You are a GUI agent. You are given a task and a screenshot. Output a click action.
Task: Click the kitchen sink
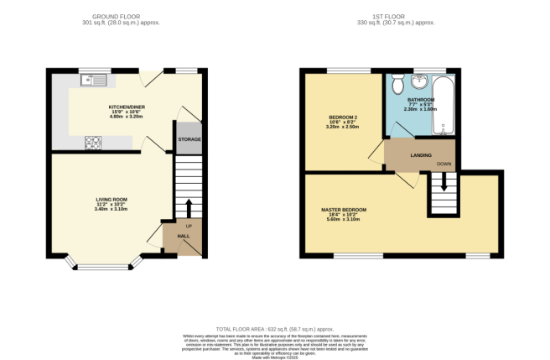coord(86,81)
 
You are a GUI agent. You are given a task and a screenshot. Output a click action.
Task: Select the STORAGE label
coord(189,138)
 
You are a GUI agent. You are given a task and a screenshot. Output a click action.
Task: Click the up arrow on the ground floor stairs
coord(189,208)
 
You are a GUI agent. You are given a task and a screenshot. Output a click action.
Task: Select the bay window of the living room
coord(104,267)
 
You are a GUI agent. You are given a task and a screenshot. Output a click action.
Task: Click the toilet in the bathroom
coord(397,84)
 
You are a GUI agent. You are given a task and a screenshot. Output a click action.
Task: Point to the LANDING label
coord(421,155)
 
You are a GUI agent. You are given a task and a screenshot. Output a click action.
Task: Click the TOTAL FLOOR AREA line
coord(274,329)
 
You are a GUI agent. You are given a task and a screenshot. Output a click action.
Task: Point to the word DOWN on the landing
coord(444,164)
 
